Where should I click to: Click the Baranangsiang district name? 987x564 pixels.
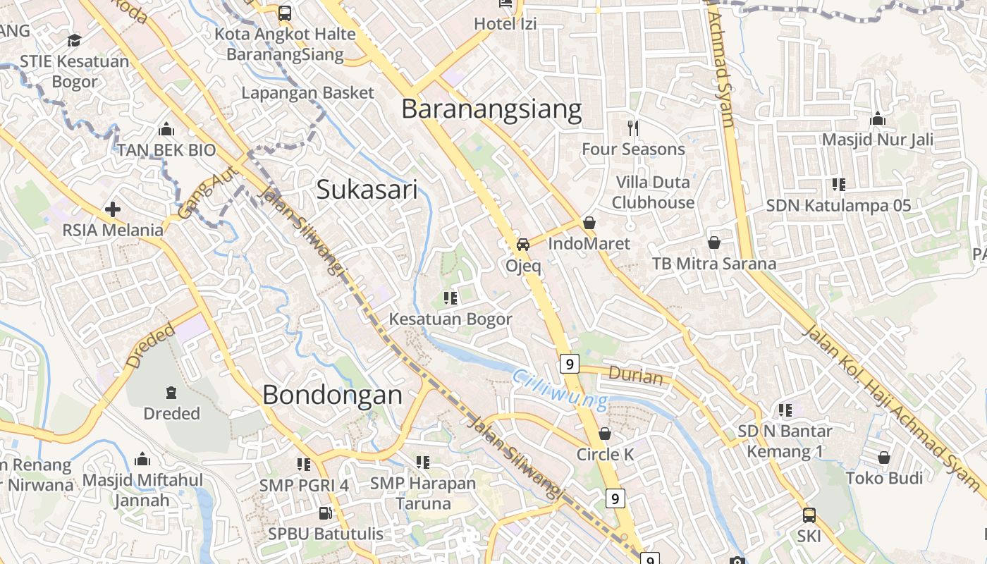pyautogui.click(x=491, y=109)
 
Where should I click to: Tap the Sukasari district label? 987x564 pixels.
pyautogui.click(x=367, y=189)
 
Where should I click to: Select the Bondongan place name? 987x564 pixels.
pyautogui.click(x=332, y=395)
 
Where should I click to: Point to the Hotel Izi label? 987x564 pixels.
pyautogui.click(x=505, y=24)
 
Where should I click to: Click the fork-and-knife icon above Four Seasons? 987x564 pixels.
pyautogui.click(x=633, y=128)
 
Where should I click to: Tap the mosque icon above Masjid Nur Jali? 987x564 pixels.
pyautogui.click(x=878, y=119)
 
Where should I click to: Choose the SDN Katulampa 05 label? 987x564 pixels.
pyautogui.click(x=838, y=206)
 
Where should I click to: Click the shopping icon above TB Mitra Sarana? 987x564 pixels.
pyautogui.click(x=714, y=243)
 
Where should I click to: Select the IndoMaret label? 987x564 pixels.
pyautogui.click(x=589, y=244)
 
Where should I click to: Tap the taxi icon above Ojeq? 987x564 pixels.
pyautogui.click(x=523, y=245)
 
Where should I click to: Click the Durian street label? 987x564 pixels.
pyautogui.click(x=636, y=376)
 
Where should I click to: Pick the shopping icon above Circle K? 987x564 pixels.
pyautogui.click(x=605, y=434)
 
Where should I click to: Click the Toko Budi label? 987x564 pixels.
pyautogui.click(x=884, y=479)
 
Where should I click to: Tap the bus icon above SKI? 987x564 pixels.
pyautogui.click(x=809, y=515)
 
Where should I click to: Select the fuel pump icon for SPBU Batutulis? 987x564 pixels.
pyautogui.click(x=325, y=513)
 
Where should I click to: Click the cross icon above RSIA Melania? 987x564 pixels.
pyautogui.click(x=112, y=209)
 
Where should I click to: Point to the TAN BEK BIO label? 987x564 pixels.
pyautogui.click(x=166, y=150)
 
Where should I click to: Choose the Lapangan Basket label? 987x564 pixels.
pyautogui.click(x=307, y=92)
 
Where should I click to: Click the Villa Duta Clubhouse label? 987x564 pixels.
pyautogui.click(x=653, y=192)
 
